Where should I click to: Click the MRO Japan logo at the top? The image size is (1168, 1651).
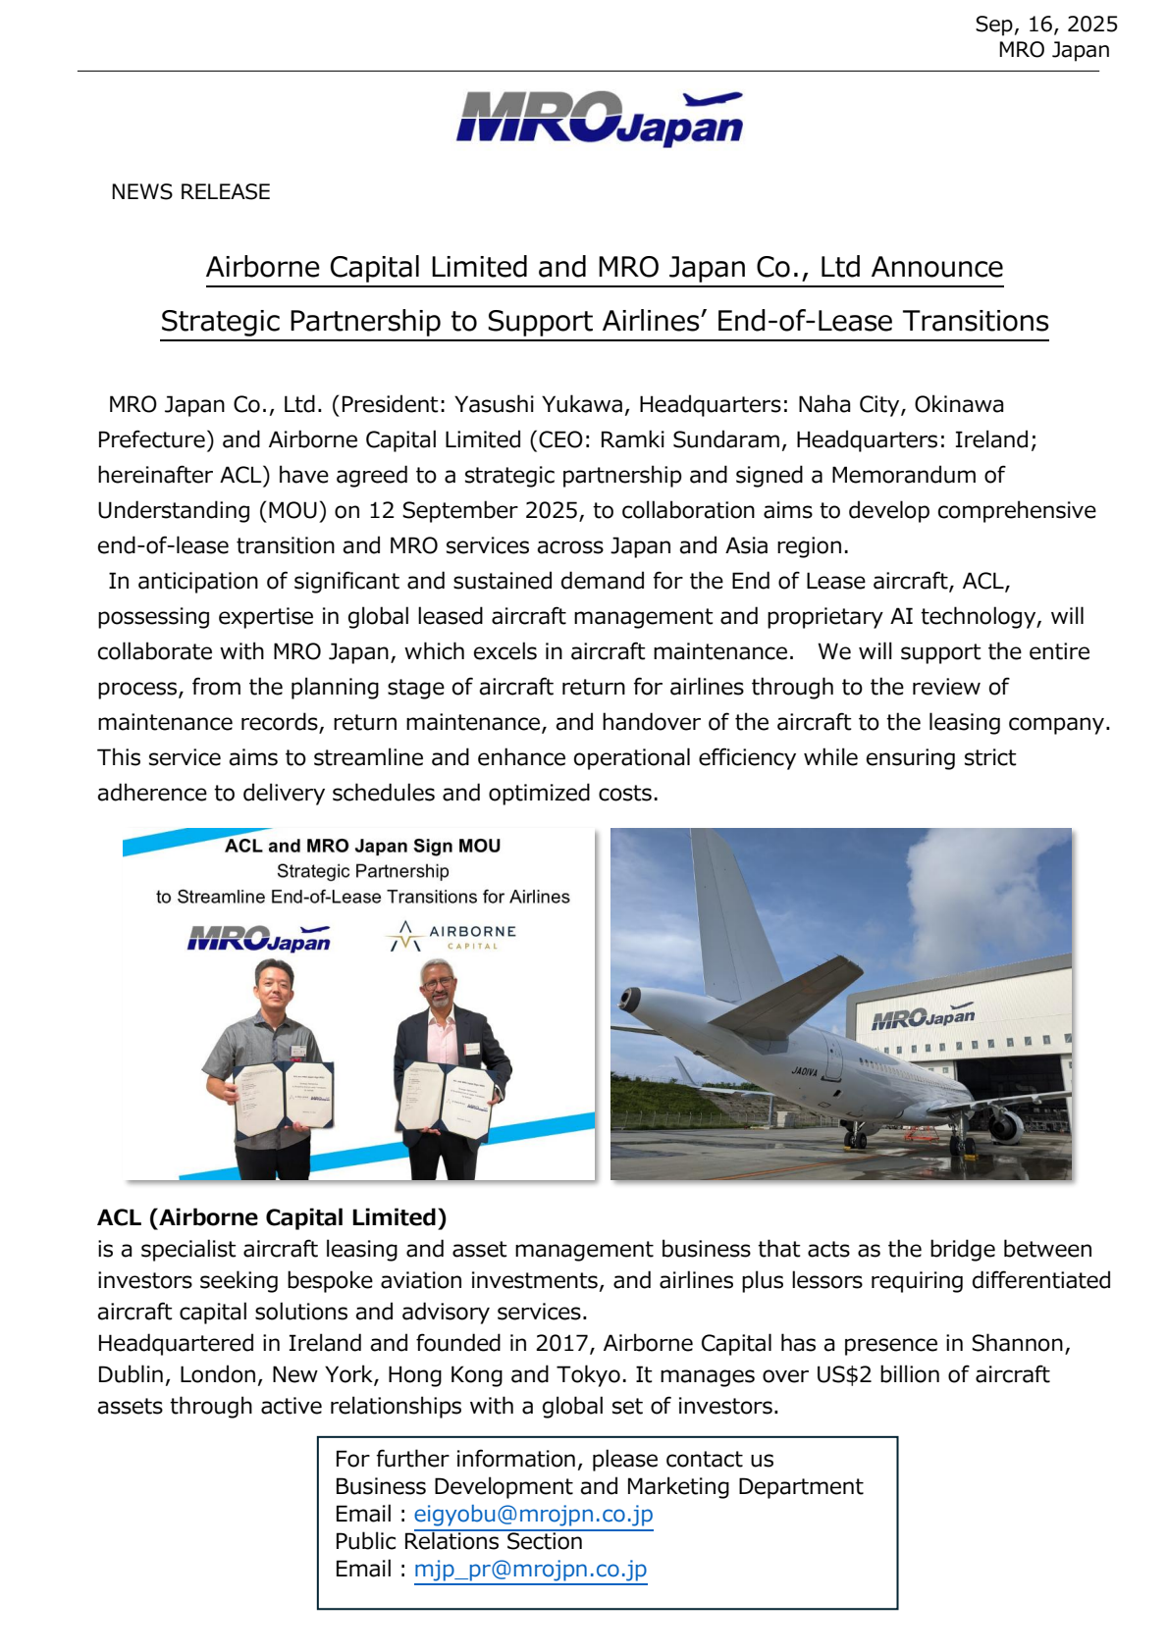(599, 120)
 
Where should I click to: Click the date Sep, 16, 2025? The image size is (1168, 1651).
(1045, 25)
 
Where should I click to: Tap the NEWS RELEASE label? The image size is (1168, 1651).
(190, 192)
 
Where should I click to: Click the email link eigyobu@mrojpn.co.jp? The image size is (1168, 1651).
(533, 1514)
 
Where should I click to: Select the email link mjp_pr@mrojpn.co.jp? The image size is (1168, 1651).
(530, 1569)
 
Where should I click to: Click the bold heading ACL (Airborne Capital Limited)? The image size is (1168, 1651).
(272, 1217)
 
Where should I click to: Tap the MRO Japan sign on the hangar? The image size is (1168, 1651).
(924, 1017)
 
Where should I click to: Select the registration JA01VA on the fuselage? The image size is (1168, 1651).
(805, 1071)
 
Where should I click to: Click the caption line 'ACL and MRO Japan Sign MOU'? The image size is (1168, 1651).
(362, 846)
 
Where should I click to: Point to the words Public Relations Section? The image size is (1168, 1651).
(458, 1541)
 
